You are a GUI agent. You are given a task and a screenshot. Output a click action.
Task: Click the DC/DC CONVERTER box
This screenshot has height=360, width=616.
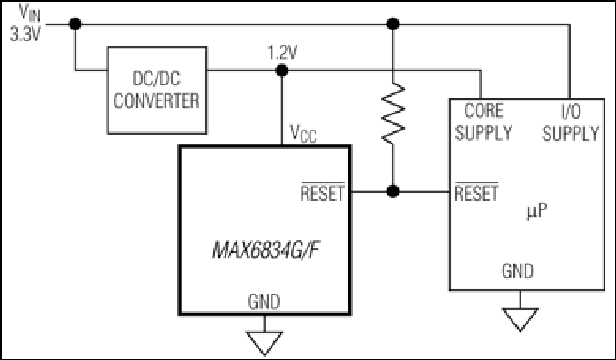point(157,90)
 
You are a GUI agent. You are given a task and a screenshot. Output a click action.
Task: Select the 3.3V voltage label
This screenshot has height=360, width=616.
point(25,34)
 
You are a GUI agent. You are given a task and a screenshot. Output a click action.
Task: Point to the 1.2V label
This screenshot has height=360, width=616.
point(283,52)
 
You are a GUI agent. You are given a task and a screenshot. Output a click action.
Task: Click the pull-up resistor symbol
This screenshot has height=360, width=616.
point(393,111)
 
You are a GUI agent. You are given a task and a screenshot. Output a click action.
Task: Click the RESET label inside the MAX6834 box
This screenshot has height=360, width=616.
point(323,193)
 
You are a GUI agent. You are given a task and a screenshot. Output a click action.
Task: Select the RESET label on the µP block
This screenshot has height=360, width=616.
point(476,193)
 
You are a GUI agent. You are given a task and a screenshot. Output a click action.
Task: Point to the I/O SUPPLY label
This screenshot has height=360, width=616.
point(570,122)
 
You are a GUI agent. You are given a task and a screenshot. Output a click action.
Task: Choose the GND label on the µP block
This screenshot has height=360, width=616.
point(518,271)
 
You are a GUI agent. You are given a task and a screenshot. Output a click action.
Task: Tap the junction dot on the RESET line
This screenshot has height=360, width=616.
point(393,192)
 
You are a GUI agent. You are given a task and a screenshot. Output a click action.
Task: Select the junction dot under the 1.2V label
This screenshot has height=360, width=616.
point(282,69)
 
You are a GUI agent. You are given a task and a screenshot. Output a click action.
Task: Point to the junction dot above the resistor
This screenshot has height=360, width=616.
point(393,24)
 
